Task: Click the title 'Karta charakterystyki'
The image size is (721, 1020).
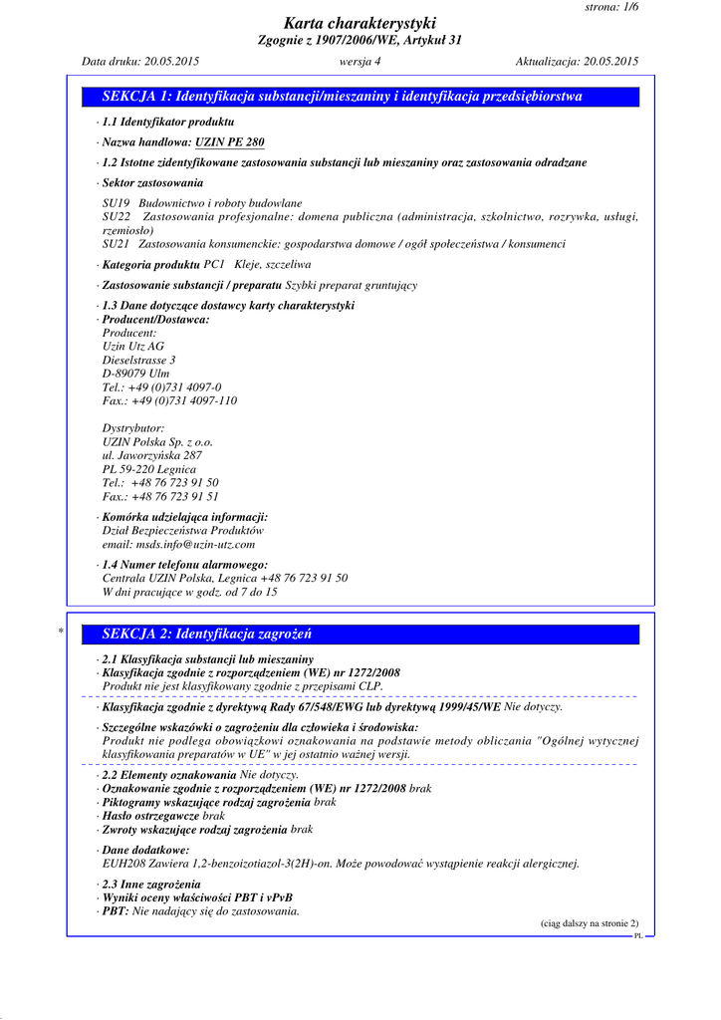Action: click(x=360, y=23)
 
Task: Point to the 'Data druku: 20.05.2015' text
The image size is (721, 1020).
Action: click(x=140, y=62)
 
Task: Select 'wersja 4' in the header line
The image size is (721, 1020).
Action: click(x=360, y=62)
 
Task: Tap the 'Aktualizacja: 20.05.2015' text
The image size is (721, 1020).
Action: click(x=577, y=62)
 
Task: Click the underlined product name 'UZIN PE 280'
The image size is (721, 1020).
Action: click(x=230, y=142)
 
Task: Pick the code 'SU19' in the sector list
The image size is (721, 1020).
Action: click(x=117, y=203)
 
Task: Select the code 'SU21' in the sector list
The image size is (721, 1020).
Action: click(x=117, y=243)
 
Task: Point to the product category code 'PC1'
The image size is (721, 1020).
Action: click(x=215, y=265)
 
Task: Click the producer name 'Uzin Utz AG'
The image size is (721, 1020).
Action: click(x=133, y=347)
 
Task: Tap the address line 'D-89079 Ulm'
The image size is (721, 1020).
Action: click(x=136, y=374)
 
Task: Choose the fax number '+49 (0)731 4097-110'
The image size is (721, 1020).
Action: click(x=184, y=400)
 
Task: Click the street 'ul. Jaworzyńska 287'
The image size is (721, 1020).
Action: click(x=152, y=455)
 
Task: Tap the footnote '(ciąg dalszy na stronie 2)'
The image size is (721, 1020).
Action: click(x=589, y=923)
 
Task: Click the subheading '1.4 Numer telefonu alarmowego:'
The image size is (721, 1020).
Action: click(x=185, y=565)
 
